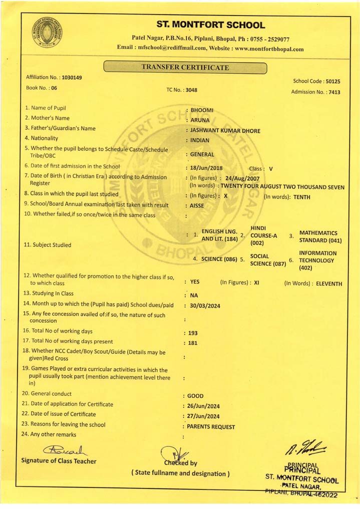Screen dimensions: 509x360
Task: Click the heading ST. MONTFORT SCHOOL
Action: (x=210, y=25)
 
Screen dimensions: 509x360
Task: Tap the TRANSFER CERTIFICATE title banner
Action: (x=185, y=68)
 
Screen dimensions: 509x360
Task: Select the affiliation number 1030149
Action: (x=72, y=78)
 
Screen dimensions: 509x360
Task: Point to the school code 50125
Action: (x=332, y=81)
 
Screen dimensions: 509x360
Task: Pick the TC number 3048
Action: (x=191, y=90)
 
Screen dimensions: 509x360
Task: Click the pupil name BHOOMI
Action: (x=202, y=110)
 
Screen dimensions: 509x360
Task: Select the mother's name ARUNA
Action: (x=200, y=120)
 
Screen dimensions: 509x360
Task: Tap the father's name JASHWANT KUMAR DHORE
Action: (x=225, y=131)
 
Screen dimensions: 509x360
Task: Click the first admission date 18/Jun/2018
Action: (x=206, y=168)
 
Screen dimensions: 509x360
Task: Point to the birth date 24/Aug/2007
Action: (x=242, y=178)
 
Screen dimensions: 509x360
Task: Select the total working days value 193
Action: (x=193, y=333)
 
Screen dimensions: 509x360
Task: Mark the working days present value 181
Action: (x=193, y=343)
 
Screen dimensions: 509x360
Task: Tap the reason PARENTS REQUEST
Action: (x=211, y=427)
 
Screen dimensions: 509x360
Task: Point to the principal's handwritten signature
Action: (x=300, y=445)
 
